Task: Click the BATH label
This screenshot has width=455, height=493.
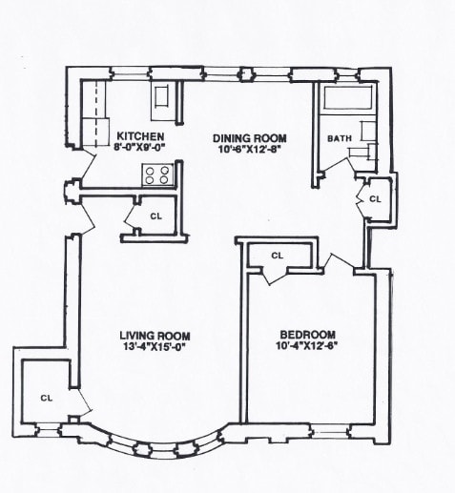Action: coord(339,138)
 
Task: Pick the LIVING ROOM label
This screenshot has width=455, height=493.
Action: coord(155,336)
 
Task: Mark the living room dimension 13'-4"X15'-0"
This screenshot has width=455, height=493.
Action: coord(155,348)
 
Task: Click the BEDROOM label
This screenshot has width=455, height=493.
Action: coord(307,335)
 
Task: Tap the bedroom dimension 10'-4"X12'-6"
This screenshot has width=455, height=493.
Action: coord(307,347)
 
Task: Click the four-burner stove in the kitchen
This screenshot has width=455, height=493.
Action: coord(156,175)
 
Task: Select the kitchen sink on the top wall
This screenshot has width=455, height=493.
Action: coord(162,97)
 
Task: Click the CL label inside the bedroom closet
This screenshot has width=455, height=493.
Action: coord(278,256)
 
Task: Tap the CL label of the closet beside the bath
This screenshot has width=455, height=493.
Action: coord(375,199)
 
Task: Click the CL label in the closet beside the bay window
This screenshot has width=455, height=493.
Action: coord(46,397)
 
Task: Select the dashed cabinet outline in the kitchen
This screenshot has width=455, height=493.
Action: coord(95,114)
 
